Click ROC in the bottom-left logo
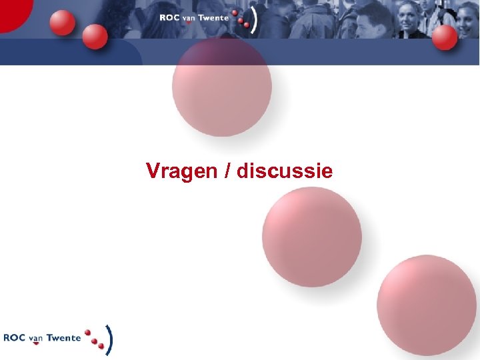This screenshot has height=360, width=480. coord(14,338)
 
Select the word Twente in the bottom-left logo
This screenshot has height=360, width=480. coord(63,338)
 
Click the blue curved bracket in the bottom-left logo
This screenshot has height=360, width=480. coord(109,339)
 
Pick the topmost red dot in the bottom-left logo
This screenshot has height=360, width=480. coord(87,331)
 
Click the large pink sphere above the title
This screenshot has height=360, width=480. coord(221,86)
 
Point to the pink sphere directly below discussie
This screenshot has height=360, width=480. coord(311,237)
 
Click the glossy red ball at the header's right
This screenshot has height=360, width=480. coord(444,37)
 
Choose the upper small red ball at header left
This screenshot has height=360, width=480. coord(63,23)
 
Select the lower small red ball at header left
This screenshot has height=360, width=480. coord(95,37)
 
